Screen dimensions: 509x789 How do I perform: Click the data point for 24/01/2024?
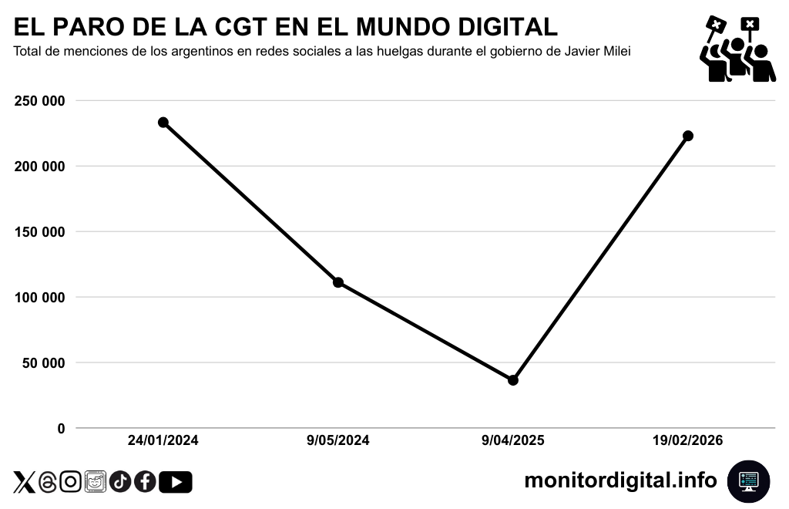point(163,123)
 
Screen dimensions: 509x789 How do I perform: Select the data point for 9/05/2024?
point(337,282)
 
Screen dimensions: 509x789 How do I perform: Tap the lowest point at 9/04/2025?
point(513,380)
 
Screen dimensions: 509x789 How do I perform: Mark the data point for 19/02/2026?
point(688,136)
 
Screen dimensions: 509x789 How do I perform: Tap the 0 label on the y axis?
point(61,428)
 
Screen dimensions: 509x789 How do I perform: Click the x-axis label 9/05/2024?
point(337,441)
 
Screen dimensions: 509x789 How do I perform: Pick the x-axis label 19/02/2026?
point(688,441)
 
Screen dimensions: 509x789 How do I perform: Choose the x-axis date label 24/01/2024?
point(163,441)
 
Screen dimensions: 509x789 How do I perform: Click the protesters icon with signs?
point(737,49)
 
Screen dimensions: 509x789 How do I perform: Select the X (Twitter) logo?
point(25,482)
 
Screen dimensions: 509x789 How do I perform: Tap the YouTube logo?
point(176,482)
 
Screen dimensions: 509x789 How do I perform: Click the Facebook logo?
point(145,482)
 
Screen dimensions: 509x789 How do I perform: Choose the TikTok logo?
point(119,482)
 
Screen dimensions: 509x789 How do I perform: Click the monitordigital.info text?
point(620,480)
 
